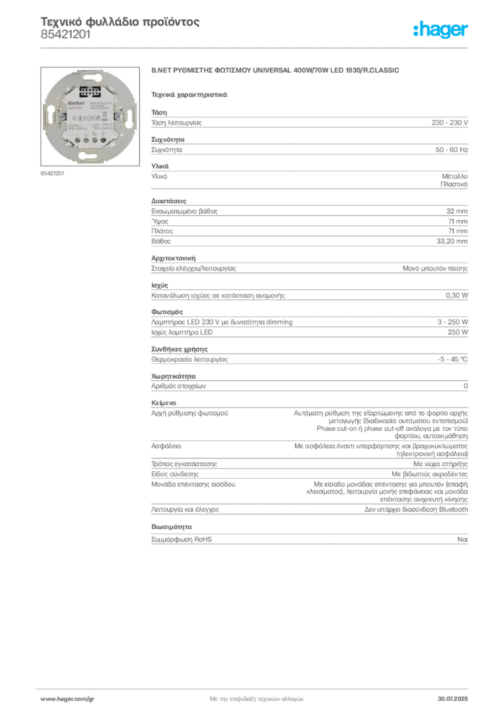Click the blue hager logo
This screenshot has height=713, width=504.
coord(441,31)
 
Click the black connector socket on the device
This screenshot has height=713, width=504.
coord(91,91)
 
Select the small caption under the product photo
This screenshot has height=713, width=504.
coord(52,173)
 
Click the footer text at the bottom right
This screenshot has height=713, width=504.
coord(456,696)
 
